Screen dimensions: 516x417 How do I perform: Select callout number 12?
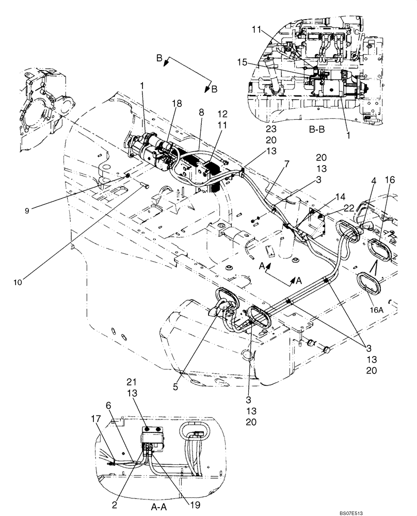coord(222,114)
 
